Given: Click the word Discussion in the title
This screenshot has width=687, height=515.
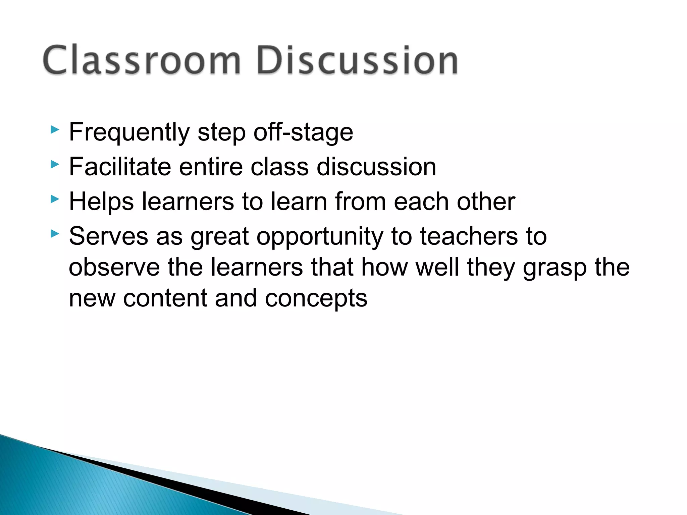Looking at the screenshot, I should click(357, 60).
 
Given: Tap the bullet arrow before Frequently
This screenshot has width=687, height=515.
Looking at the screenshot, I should click(55, 130).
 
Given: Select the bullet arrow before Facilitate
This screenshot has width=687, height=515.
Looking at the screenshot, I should click(55, 164).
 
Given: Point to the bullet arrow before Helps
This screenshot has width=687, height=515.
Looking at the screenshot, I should click(55, 199).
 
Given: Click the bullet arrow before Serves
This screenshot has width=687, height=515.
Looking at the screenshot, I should click(55, 234).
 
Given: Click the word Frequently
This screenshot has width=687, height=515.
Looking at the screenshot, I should click(129, 132).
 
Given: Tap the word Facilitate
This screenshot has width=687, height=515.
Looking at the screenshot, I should click(120, 167).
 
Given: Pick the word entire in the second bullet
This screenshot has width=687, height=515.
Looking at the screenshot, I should click(211, 167).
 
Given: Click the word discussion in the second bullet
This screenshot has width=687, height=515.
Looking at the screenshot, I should click(376, 167).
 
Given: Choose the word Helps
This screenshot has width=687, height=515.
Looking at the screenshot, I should click(101, 202).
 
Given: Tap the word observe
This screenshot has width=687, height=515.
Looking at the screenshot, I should click(114, 267).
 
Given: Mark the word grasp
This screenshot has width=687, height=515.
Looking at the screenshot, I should click(554, 268).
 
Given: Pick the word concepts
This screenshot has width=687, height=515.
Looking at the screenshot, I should click(316, 299).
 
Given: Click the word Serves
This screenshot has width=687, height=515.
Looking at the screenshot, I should click(108, 236).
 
